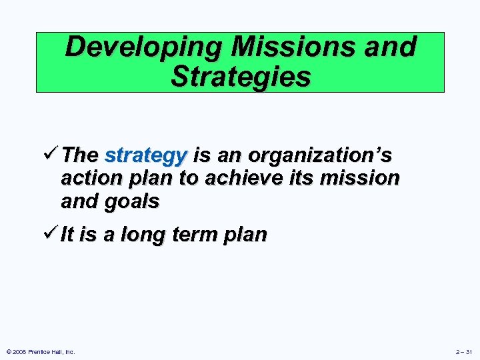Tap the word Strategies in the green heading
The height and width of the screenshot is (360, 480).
pos(240,77)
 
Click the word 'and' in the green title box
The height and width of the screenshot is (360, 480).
pos(390,48)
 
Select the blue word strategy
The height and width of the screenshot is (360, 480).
pos(145,156)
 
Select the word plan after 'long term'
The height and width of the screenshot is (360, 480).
pos(247,235)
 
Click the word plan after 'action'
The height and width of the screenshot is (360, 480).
pos(143,179)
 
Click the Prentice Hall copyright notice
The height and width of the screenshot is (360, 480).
pos(41,351)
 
